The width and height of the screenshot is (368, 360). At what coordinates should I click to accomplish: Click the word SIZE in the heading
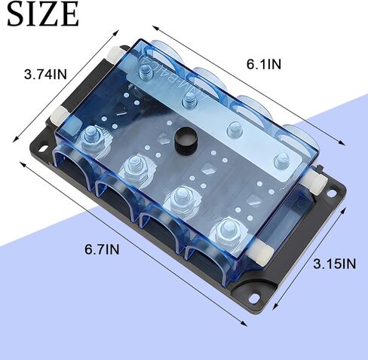click(43, 14)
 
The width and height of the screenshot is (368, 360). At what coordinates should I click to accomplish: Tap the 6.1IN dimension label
click(264, 64)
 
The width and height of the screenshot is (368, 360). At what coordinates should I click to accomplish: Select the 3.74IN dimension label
click(46, 75)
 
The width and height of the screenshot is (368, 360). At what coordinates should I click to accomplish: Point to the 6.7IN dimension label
click(102, 249)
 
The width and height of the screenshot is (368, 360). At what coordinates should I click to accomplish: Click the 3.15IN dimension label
click(334, 264)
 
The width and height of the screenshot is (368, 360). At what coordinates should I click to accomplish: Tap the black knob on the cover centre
click(186, 141)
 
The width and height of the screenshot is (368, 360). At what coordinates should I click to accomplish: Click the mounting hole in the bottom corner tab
click(253, 297)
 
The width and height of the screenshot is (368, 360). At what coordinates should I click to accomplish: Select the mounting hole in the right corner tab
click(332, 194)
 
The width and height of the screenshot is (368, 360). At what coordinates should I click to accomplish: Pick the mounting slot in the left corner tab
click(43, 148)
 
